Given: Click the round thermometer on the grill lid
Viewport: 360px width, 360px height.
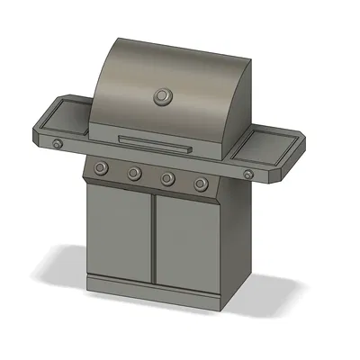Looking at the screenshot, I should [x=163, y=95].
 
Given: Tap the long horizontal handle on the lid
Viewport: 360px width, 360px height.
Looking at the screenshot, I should [x=155, y=140].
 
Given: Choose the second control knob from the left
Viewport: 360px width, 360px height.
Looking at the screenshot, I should [x=134, y=173].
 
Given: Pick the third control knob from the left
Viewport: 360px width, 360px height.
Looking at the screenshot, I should [x=167, y=178].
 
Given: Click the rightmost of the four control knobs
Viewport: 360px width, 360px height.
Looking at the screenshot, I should [x=200, y=184].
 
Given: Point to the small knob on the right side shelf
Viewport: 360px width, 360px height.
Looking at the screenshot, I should [x=247, y=173].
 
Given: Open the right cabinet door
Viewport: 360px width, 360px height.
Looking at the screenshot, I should [x=185, y=245].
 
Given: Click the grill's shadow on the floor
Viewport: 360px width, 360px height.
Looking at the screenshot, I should [x=270, y=288].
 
